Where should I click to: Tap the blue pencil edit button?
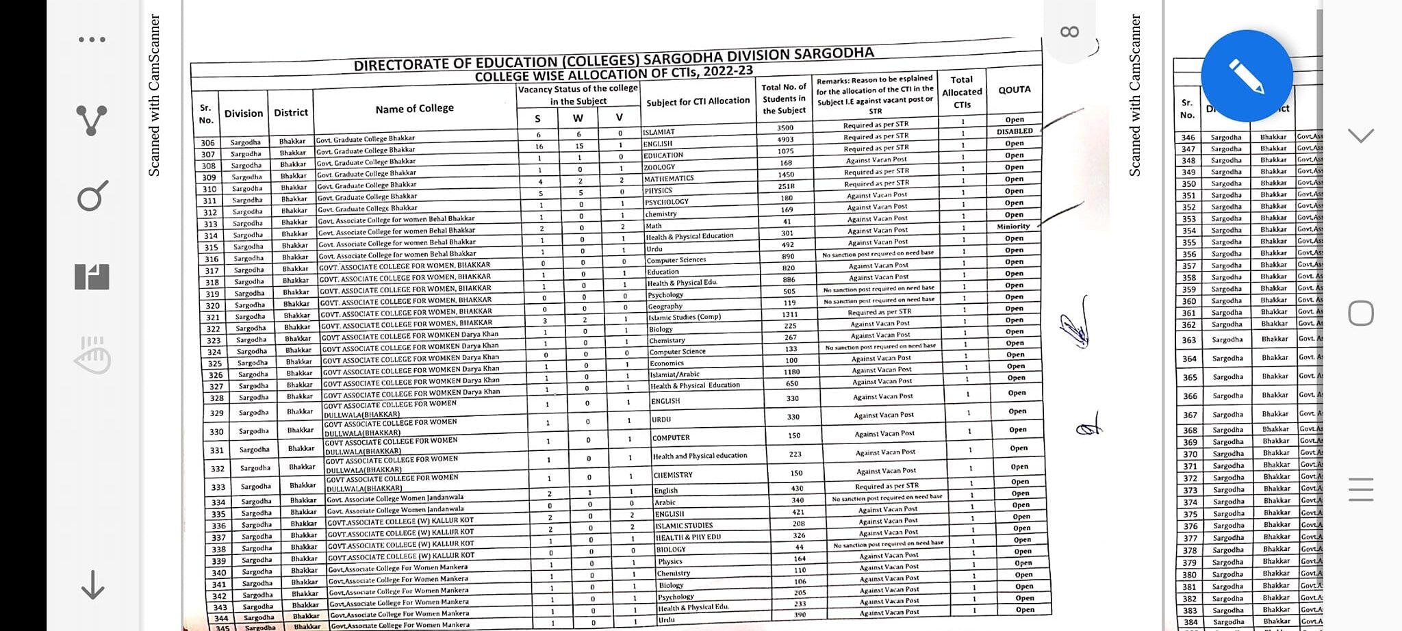(x=1247, y=76)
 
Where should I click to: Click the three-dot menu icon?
(x=92, y=40)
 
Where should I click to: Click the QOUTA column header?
(x=1014, y=90)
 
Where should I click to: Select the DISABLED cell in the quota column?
(x=1014, y=131)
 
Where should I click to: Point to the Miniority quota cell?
(x=1013, y=227)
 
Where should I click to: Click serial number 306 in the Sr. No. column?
(x=207, y=143)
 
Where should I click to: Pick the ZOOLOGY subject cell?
(x=659, y=167)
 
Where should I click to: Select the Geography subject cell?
(x=665, y=307)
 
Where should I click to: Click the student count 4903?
(x=785, y=140)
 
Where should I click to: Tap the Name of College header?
(x=414, y=109)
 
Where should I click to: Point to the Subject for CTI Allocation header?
(x=698, y=101)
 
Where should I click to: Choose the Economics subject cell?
(x=667, y=363)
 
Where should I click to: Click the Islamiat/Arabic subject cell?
(x=674, y=374)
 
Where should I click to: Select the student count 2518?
(x=786, y=186)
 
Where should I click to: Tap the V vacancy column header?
(x=619, y=118)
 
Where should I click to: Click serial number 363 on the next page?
(x=1189, y=340)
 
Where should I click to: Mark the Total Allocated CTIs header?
(x=962, y=92)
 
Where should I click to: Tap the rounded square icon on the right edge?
(x=1360, y=313)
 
